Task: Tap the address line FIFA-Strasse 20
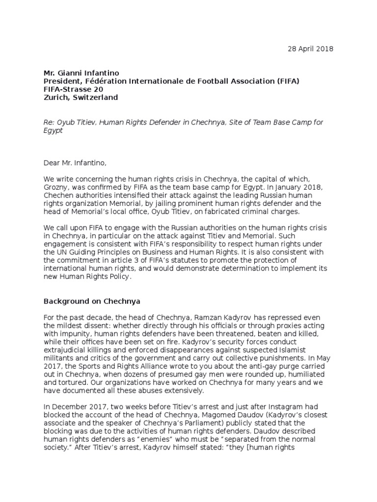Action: click(x=73, y=89)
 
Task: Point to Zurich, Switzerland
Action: click(x=81, y=98)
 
